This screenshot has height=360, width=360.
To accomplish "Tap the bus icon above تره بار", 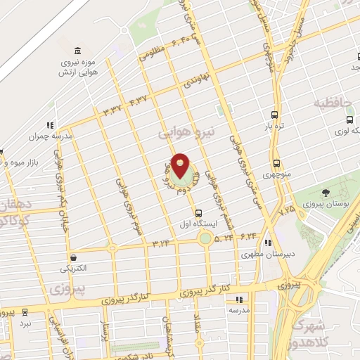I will click(275, 115).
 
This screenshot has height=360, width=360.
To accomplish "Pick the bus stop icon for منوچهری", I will click(276, 162).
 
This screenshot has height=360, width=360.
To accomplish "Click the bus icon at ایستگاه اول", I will click(198, 213).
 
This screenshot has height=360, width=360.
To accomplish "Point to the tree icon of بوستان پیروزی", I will click(326, 193).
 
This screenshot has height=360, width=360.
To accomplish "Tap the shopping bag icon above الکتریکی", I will click(74, 257).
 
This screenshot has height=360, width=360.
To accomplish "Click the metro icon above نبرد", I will click(25, 311).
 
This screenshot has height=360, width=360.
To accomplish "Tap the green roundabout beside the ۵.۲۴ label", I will click(205, 238).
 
